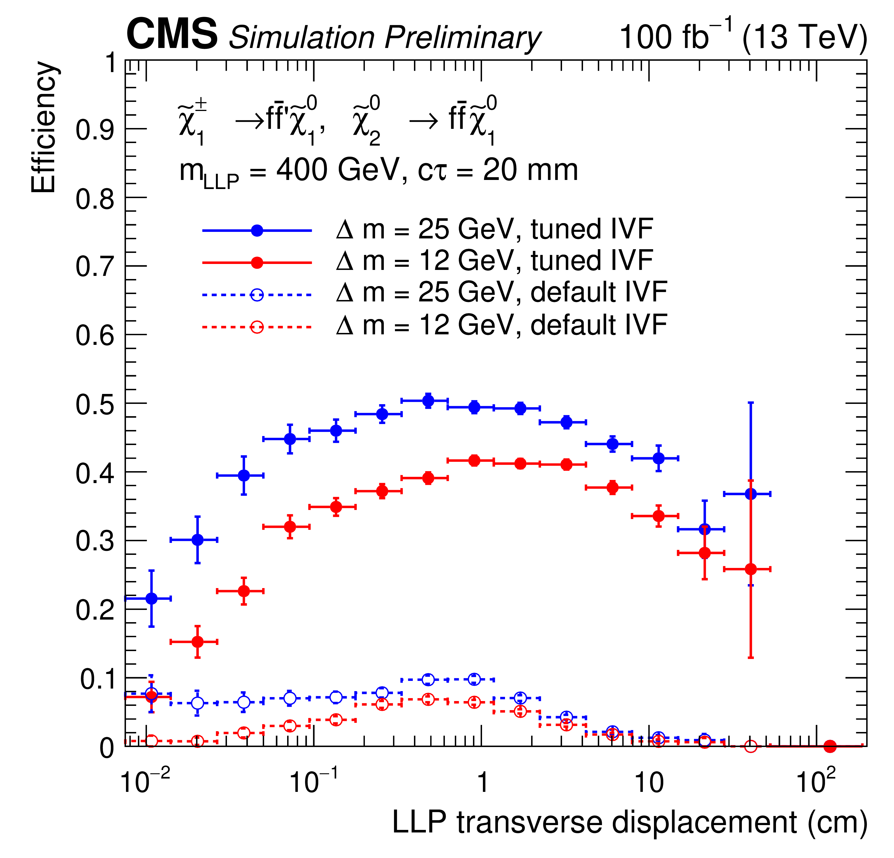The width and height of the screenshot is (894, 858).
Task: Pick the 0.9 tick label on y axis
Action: click(95, 130)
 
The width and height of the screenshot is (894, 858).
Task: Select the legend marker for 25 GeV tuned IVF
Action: click(257, 230)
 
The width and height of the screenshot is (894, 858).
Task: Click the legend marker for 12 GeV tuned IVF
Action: click(257, 263)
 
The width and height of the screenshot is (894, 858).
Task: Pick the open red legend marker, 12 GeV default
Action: click(257, 327)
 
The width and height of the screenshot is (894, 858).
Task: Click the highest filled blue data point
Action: click(428, 401)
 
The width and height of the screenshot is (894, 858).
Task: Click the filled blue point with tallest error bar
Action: click(750, 494)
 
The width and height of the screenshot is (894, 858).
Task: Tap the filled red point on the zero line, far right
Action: click(830, 747)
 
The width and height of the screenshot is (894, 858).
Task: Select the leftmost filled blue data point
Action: click(152, 598)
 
